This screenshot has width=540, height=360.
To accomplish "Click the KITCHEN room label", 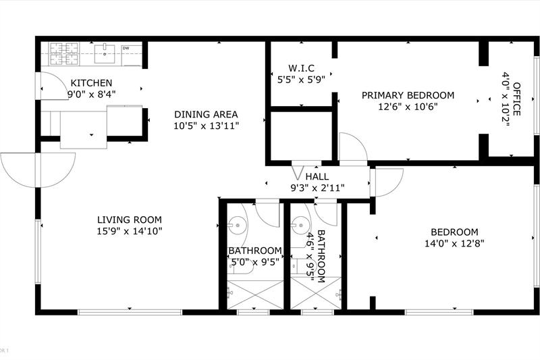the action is (91, 83).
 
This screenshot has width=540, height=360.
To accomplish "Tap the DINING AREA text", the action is (206, 114).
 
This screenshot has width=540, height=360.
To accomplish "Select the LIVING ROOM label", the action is (130, 220).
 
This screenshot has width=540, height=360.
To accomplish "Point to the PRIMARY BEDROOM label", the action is (408, 95).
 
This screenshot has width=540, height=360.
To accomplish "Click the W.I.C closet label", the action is (301, 68).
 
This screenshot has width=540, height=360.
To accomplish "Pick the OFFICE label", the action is (516, 99).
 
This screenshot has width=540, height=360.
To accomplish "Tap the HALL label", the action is (317, 177).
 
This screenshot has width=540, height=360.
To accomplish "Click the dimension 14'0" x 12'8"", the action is (454, 244).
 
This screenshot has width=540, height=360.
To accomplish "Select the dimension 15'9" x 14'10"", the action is (130, 231).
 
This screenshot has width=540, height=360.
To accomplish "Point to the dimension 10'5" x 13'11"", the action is (207, 126).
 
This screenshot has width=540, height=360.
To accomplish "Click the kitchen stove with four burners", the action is (64, 54).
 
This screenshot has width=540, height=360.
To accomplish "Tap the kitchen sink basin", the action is (105, 54).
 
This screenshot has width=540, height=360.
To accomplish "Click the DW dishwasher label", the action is (126, 48).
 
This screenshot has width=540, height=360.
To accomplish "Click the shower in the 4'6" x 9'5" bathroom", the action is (316, 293).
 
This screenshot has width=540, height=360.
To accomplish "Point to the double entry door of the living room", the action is (38, 170).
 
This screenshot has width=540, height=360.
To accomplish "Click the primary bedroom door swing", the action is (354, 147).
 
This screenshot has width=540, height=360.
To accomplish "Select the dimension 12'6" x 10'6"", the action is (408, 107).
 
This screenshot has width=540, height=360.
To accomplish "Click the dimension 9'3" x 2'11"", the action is (317, 188).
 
